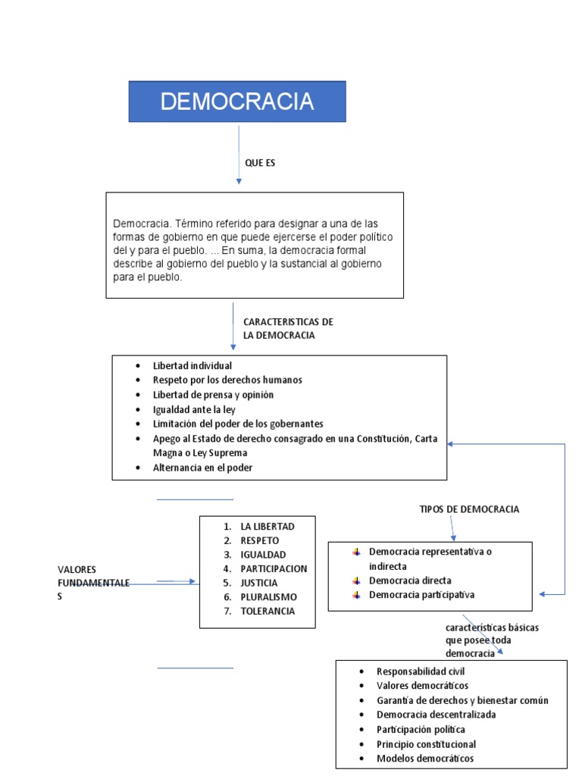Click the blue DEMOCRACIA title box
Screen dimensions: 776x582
(236, 102)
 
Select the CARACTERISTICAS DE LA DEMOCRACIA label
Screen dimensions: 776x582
(288, 329)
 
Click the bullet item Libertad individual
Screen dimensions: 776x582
(192, 366)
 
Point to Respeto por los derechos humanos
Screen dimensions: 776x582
(227, 380)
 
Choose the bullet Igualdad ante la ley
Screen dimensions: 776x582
(194, 409)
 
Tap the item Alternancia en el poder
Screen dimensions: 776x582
(202, 468)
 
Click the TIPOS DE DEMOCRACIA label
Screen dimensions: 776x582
(469, 509)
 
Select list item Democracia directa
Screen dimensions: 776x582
(410, 580)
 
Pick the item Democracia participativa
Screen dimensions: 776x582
(421, 595)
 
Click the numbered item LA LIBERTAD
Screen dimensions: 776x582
(267, 526)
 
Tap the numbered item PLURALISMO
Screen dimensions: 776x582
(269, 597)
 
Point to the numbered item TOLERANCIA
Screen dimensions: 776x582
(268, 612)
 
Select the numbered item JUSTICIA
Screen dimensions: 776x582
(259, 583)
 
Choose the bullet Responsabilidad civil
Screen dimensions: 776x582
(421, 671)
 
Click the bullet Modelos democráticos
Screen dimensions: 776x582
(425, 759)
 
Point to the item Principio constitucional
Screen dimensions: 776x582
(426, 744)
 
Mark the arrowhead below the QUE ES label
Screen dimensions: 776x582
(239, 181)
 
